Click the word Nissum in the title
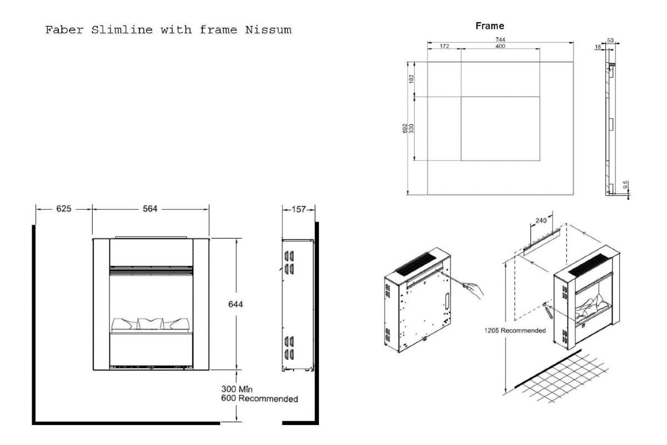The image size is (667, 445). tap(268, 30)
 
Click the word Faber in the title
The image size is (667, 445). tap(62, 30)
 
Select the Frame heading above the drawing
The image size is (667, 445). tap(490, 26)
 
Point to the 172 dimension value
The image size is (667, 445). tap(444, 47)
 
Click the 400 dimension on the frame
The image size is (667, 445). tap(500, 47)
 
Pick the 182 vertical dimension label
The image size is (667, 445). tap(411, 79)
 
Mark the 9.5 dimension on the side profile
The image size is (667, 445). tap(626, 185)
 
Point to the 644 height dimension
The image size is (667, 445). tap(236, 304)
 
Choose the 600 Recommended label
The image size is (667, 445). tap(259, 399)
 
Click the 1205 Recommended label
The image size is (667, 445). tap(515, 330)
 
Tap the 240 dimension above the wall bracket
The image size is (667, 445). tap(541, 220)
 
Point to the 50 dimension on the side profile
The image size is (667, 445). tap(609, 41)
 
